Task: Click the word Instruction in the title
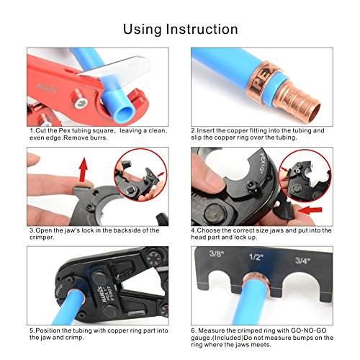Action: coord(202,30)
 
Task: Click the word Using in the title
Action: coord(143,30)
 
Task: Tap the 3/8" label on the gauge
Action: coord(217,253)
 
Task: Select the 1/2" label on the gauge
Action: coord(256,257)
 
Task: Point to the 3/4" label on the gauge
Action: coord(302,261)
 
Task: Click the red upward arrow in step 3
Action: coord(83,169)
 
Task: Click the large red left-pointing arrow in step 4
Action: coord(310,210)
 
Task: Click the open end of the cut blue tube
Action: coord(126,113)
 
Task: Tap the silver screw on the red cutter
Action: coord(80,103)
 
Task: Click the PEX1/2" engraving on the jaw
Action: coord(264,163)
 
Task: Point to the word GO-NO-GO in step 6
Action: coord(308,330)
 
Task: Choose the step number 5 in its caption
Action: coord(32,330)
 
